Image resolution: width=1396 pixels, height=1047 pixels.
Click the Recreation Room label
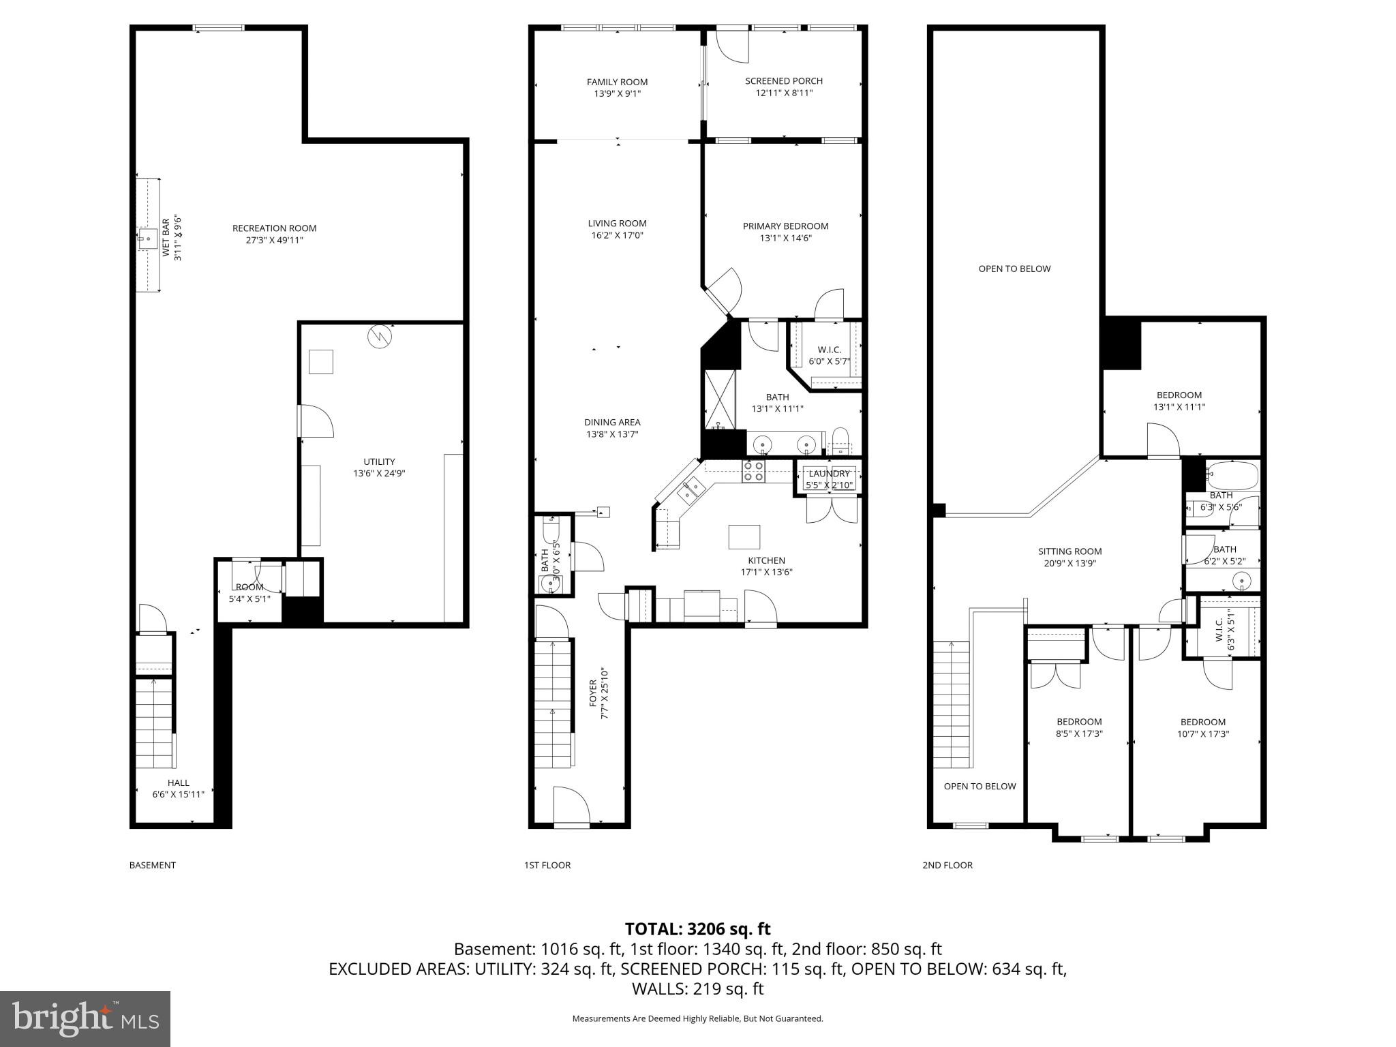pos(274,228)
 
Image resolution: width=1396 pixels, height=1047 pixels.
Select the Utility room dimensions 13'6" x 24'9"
pos(379,473)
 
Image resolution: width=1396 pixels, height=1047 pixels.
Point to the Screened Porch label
pos(784,81)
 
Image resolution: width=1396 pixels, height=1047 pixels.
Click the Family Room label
pos(617,82)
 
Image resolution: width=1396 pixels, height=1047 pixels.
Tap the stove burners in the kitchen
pos(753,471)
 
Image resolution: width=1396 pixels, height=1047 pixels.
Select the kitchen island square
pos(744,536)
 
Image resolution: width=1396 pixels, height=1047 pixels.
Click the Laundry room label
pos(829,474)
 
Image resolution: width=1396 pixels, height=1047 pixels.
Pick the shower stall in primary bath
pos(720,399)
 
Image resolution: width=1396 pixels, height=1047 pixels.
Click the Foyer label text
pos(592,693)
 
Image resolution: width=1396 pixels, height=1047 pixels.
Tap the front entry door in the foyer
pos(571,808)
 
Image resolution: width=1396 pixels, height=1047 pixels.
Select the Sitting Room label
pos(1069,551)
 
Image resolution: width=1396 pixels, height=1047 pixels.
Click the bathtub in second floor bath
pos(1232,475)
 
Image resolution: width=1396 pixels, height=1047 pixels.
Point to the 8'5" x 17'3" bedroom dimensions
pos(1079,734)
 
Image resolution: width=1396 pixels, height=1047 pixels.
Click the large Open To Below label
pos(1014,269)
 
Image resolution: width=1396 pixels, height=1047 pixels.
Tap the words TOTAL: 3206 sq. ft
pos(697,928)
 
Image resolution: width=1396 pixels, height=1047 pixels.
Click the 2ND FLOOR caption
pos(947,865)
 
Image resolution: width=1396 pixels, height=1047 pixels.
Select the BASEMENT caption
pos(153,865)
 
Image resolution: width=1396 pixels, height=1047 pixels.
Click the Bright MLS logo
pos(85,1018)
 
